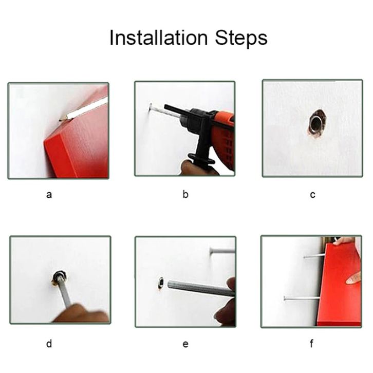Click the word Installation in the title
pos(159,38)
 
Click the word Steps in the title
pos(241,38)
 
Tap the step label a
pos(49,195)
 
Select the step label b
pos(185,194)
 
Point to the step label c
pos(312,195)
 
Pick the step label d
pos(49,344)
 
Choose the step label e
pos(185,344)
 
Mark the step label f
pos(312,344)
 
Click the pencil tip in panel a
pos(60,120)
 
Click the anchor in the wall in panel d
pos(59,277)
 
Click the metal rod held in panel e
pos(201,288)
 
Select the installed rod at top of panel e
pos(222,251)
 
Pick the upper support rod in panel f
pos(314,256)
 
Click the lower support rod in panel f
pos(302,298)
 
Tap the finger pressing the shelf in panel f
pos(353,278)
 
